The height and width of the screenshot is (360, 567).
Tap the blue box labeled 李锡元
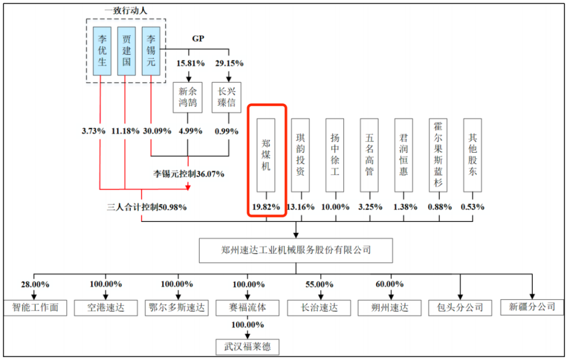pyautogui.click(x=151, y=50)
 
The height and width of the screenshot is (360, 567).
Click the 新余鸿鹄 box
pyautogui.click(x=188, y=97)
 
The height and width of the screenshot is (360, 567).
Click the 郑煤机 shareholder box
pyautogui.click(x=266, y=155)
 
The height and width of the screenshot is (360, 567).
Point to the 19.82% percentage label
pyautogui.click(x=266, y=206)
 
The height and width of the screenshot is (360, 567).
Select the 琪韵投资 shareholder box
pyautogui.click(x=300, y=155)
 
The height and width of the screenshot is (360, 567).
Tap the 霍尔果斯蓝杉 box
pyautogui.click(x=438, y=155)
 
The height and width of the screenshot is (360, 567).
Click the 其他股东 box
pyautogui.click(x=472, y=155)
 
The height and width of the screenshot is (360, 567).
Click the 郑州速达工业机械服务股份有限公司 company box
pyautogui.click(x=296, y=250)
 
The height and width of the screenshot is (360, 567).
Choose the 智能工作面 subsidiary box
pyautogui.click(x=36, y=307)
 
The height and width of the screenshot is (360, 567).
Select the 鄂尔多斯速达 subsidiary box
pyautogui.click(x=177, y=307)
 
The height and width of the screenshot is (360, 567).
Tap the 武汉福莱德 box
pyautogui.click(x=247, y=347)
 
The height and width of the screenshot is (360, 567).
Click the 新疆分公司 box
pyautogui.click(x=531, y=306)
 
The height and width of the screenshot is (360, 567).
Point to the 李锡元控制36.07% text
pyautogui.click(x=188, y=174)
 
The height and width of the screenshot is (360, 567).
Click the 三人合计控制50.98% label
pyautogui.click(x=146, y=207)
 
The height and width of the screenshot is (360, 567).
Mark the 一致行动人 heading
pyautogui.click(x=126, y=10)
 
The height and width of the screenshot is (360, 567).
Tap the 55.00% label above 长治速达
pyautogui.click(x=319, y=284)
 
